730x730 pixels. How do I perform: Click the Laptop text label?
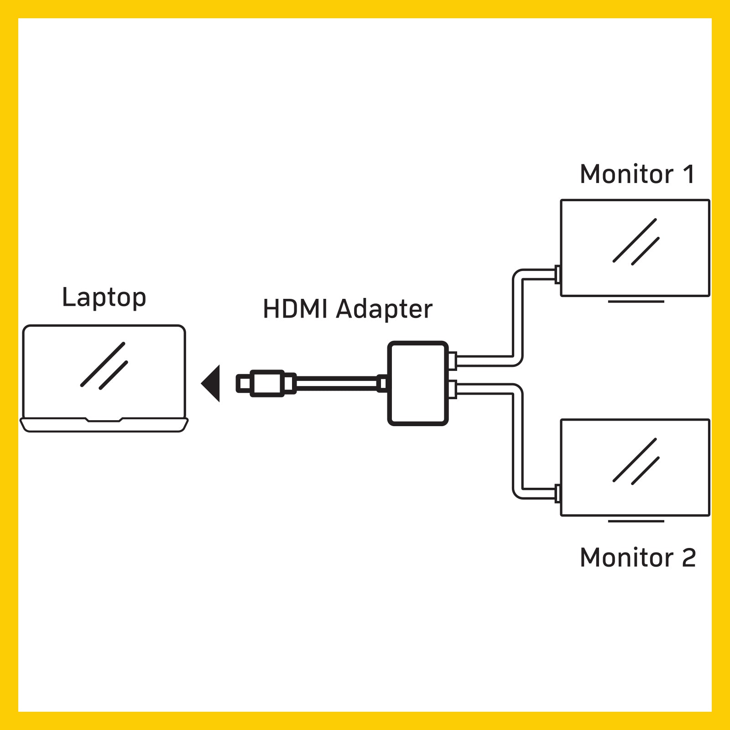tap(104, 298)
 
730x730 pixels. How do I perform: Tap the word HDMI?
tap(295, 309)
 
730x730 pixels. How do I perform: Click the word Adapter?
tap(384, 310)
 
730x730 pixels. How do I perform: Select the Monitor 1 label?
tap(637, 174)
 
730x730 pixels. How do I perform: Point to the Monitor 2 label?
tap(637, 558)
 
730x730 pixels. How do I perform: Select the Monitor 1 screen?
tap(635, 248)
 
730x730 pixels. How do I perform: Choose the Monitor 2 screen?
tap(635, 468)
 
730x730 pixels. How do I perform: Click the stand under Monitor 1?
tap(636, 302)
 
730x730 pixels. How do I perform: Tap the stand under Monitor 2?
tap(636, 521)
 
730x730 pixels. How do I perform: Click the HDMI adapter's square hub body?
tap(417, 383)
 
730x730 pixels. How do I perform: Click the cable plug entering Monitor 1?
tap(557, 275)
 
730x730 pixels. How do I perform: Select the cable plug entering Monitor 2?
tap(557, 494)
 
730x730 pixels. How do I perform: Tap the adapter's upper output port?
tap(452, 361)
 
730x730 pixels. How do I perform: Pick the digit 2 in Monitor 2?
tap(688, 558)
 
